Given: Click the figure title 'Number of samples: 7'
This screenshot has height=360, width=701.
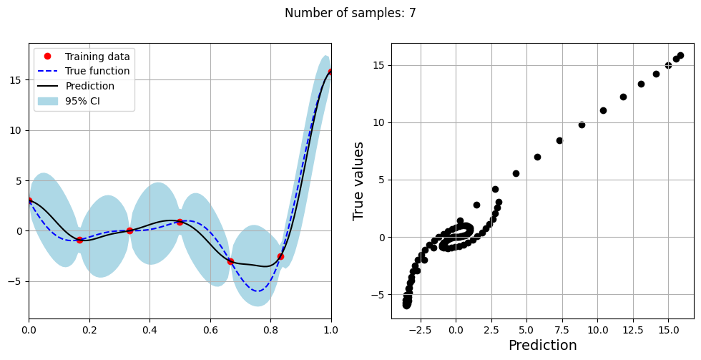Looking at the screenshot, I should [350, 13].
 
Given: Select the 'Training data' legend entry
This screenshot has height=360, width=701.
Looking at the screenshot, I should [97, 57].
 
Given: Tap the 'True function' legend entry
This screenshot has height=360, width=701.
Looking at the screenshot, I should [97, 72].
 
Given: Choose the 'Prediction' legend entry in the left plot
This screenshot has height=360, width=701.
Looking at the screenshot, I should [89, 87].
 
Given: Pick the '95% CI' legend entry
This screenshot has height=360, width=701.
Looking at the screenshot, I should [82, 101].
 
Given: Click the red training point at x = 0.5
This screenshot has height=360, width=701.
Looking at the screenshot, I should [180, 222].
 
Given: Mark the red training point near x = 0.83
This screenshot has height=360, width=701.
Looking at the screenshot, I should [280, 256].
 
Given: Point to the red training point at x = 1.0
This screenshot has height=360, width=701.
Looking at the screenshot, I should [331, 72].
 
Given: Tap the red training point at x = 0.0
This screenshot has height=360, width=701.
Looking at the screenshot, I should [29, 200].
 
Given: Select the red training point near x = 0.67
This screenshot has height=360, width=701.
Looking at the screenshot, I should [230, 261].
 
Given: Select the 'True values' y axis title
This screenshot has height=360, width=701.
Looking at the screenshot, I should [359, 180].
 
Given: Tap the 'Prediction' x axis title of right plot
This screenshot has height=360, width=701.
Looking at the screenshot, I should [542, 346].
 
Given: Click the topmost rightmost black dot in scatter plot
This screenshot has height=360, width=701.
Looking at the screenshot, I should [680, 55].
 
